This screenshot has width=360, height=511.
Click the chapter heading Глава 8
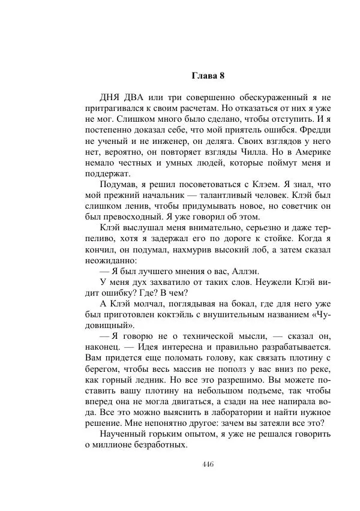208,76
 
